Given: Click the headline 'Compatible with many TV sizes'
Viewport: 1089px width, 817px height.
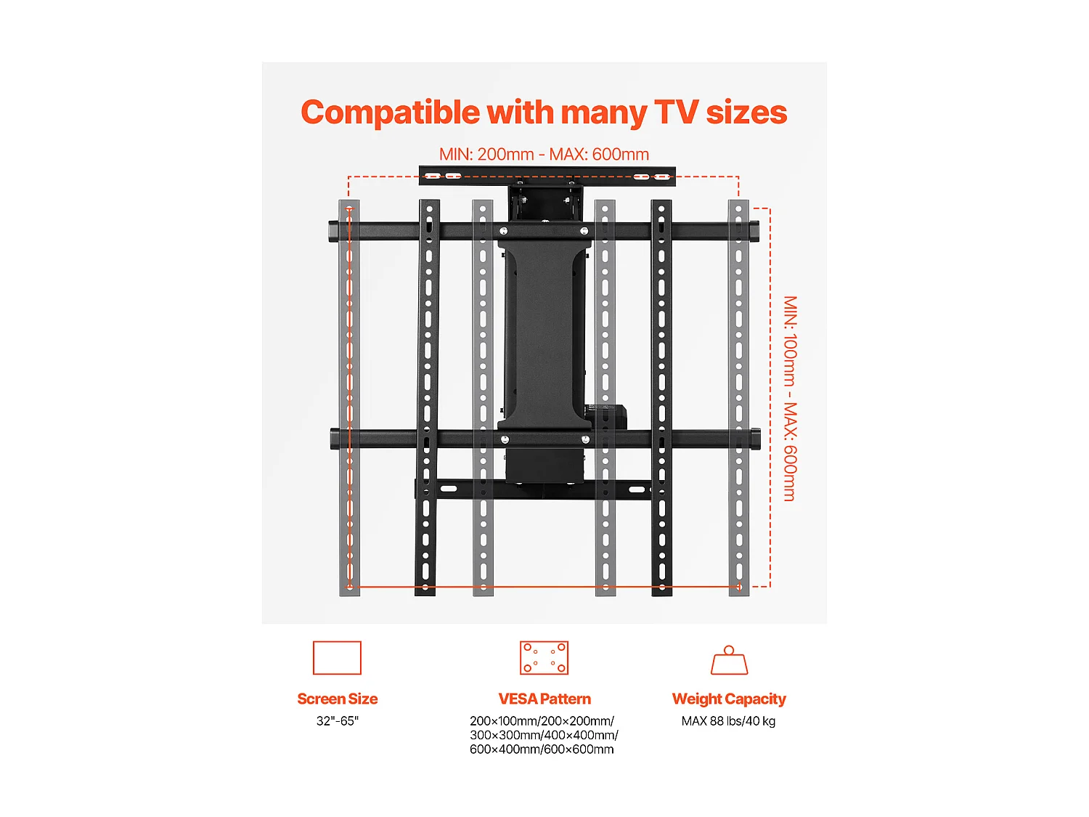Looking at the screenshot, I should pyautogui.click(x=544, y=113).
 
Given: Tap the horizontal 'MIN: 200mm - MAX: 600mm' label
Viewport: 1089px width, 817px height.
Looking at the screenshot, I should pyautogui.click(x=544, y=155).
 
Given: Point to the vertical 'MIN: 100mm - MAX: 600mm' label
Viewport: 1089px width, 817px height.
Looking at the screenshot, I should pyautogui.click(x=790, y=398).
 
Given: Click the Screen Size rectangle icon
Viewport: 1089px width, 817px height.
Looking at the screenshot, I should pyautogui.click(x=337, y=658).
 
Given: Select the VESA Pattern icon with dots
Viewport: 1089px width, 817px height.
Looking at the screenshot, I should pyautogui.click(x=544, y=658).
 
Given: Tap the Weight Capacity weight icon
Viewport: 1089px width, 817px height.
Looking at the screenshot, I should pyautogui.click(x=729, y=660).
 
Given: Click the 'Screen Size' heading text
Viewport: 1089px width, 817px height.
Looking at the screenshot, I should pyautogui.click(x=337, y=699).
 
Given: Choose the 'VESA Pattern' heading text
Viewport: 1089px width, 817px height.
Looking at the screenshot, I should pyautogui.click(x=544, y=699).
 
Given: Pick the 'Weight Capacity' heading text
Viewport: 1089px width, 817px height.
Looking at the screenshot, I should pyautogui.click(x=729, y=699).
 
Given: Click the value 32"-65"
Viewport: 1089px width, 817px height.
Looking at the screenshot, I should pyautogui.click(x=337, y=721).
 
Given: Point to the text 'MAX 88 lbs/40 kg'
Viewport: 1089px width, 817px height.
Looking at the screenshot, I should pyautogui.click(x=728, y=721).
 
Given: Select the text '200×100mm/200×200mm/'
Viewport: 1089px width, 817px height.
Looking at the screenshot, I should pyautogui.click(x=542, y=721).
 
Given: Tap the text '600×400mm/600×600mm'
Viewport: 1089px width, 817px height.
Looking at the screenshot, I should pyautogui.click(x=542, y=749).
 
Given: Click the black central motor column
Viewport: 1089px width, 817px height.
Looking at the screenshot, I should pyautogui.click(x=544, y=334).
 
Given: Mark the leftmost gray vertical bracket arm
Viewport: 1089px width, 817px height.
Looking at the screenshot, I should pyautogui.click(x=349, y=398).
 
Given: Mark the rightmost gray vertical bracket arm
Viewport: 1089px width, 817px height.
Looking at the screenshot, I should pyautogui.click(x=738, y=398).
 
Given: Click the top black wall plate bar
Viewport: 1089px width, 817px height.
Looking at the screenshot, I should pyautogui.click(x=547, y=176).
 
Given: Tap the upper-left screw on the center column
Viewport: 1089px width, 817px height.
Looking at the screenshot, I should pyautogui.click(x=504, y=231).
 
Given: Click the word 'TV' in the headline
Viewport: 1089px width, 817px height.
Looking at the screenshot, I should pyautogui.click(x=676, y=113).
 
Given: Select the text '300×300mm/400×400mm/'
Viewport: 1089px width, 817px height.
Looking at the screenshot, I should pyautogui.click(x=544, y=735).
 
